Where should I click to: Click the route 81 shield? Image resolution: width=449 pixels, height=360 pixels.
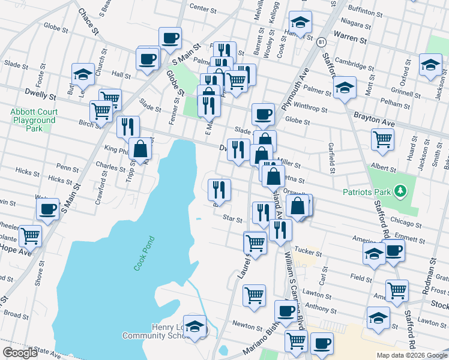[x=322, y=42]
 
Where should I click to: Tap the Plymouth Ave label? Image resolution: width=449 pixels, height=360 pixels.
[x=301, y=87]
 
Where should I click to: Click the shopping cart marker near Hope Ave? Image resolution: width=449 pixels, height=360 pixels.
[x=30, y=236]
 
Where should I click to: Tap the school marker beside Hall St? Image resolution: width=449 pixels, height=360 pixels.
[x=83, y=74]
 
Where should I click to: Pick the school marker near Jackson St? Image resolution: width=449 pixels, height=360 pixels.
[x=430, y=65]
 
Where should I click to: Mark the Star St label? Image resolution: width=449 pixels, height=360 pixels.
[x=232, y=218]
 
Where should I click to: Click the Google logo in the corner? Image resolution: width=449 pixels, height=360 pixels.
[x=20, y=353]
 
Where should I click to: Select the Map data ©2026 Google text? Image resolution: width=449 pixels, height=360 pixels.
[x=412, y=355]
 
